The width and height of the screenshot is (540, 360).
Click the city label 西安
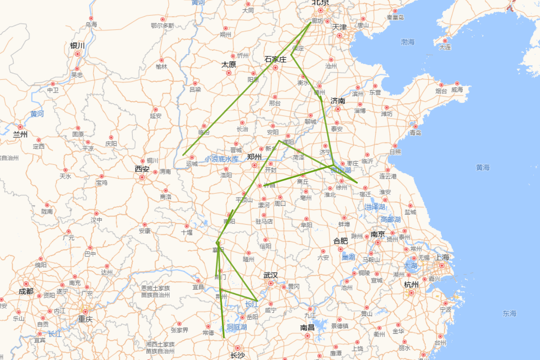click(x=142, y=169)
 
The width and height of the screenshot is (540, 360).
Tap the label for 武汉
click(x=270, y=275)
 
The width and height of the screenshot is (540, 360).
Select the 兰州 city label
click(x=20, y=134)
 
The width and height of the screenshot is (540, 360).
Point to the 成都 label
click(x=26, y=291)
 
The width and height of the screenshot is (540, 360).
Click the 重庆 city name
click(x=85, y=319)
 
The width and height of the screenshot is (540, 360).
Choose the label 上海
click(x=442, y=257)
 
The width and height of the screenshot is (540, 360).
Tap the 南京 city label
click(x=378, y=234)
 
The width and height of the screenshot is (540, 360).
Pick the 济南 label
click(x=337, y=101)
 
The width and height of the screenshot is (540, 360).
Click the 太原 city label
click(x=229, y=64)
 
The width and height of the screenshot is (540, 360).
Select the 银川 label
click(x=77, y=45)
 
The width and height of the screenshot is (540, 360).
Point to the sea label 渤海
click(x=408, y=42)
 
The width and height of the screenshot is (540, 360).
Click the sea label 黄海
click(x=483, y=167)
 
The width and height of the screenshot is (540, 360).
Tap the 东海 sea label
click(x=510, y=313)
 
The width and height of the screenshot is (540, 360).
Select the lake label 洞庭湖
click(x=237, y=327)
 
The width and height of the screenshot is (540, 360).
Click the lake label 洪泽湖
click(x=375, y=207)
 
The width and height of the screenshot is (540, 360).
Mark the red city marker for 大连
click(x=445, y=41)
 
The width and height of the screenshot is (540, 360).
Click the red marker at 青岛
click(x=415, y=126)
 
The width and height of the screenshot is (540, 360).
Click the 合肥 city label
click(x=340, y=241)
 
